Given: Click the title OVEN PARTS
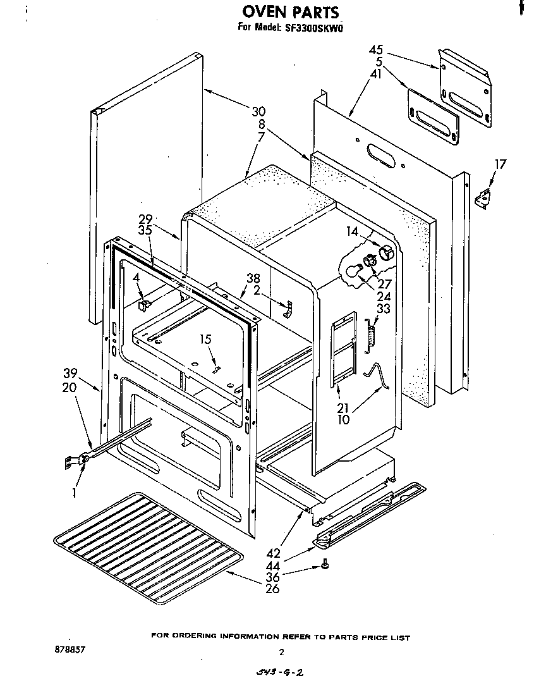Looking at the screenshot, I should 291,12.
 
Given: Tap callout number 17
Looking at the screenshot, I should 500,165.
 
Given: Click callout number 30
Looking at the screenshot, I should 258,112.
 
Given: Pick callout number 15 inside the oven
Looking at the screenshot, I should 205,340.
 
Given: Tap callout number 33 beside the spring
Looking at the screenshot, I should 383,309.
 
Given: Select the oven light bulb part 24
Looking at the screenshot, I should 350,271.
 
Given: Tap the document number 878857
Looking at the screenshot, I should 70,649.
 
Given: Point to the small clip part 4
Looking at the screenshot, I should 144,304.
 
